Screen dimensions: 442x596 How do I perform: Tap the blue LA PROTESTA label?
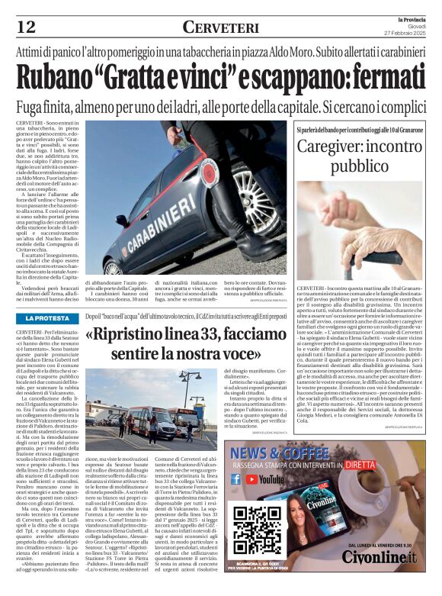(x=46, y=318)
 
